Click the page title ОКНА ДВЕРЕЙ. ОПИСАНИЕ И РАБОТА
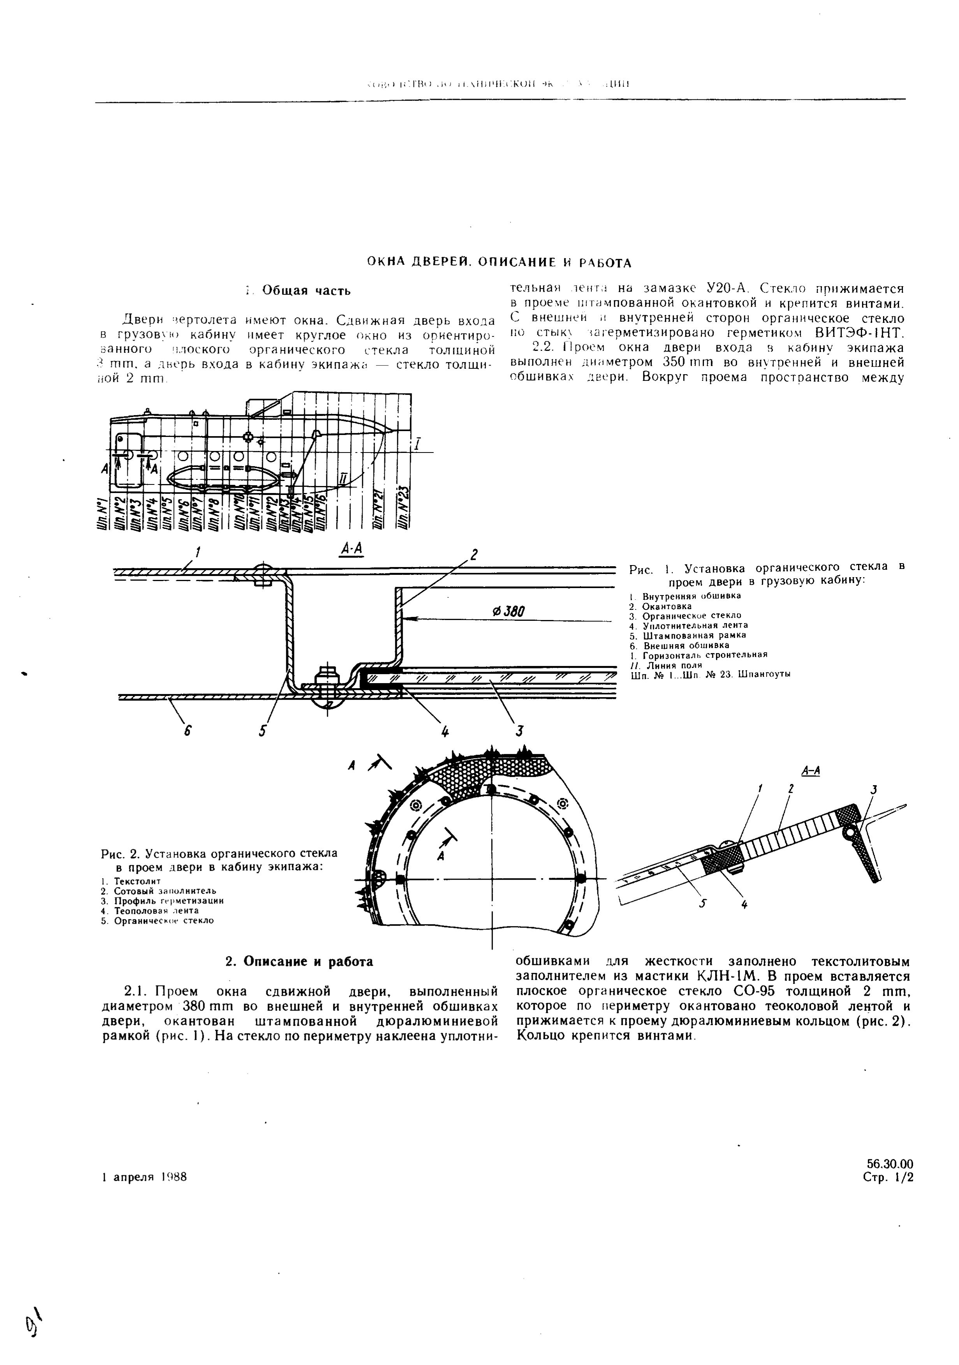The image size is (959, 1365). (498, 263)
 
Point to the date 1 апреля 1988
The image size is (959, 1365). (144, 1177)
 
